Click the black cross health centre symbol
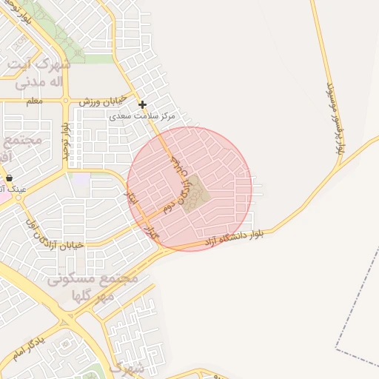point(143,104)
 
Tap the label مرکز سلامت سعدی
point(142,116)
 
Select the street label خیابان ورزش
point(104,101)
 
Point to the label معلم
point(34,100)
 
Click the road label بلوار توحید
point(67,138)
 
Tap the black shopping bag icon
point(10,178)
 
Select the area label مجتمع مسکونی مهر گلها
point(93,287)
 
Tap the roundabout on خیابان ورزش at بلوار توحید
point(66,101)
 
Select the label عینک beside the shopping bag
point(17,189)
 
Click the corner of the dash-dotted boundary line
point(337,347)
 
